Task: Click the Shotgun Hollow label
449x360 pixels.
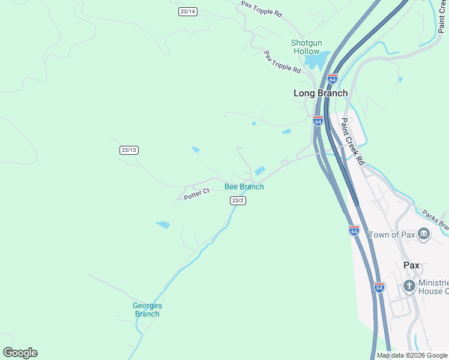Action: [x=306, y=47]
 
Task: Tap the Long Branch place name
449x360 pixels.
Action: [x=320, y=93]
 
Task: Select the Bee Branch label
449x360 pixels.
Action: [x=244, y=187]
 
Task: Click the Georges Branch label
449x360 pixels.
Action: [x=147, y=310]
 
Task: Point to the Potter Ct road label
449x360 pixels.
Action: [x=196, y=193]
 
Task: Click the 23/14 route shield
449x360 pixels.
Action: [x=188, y=11]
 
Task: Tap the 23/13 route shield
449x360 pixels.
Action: [x=129, y=150]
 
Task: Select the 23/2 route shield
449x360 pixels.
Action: [x=238, y=200]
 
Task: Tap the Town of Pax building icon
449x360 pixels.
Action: [x=424, y=234]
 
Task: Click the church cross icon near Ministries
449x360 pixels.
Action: [x=409, y=286]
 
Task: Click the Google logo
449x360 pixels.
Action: [x=20, y=353]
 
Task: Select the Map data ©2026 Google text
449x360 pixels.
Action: [x=412, y=355]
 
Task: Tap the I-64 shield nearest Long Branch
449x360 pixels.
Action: [x=333, y=79]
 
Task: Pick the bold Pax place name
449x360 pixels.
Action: [x=411, y=265]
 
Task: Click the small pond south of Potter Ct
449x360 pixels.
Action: [x=163, y=225]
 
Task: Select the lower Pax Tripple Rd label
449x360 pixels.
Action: [x=282, y=62]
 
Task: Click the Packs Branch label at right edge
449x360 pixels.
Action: [x=435, y=220]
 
